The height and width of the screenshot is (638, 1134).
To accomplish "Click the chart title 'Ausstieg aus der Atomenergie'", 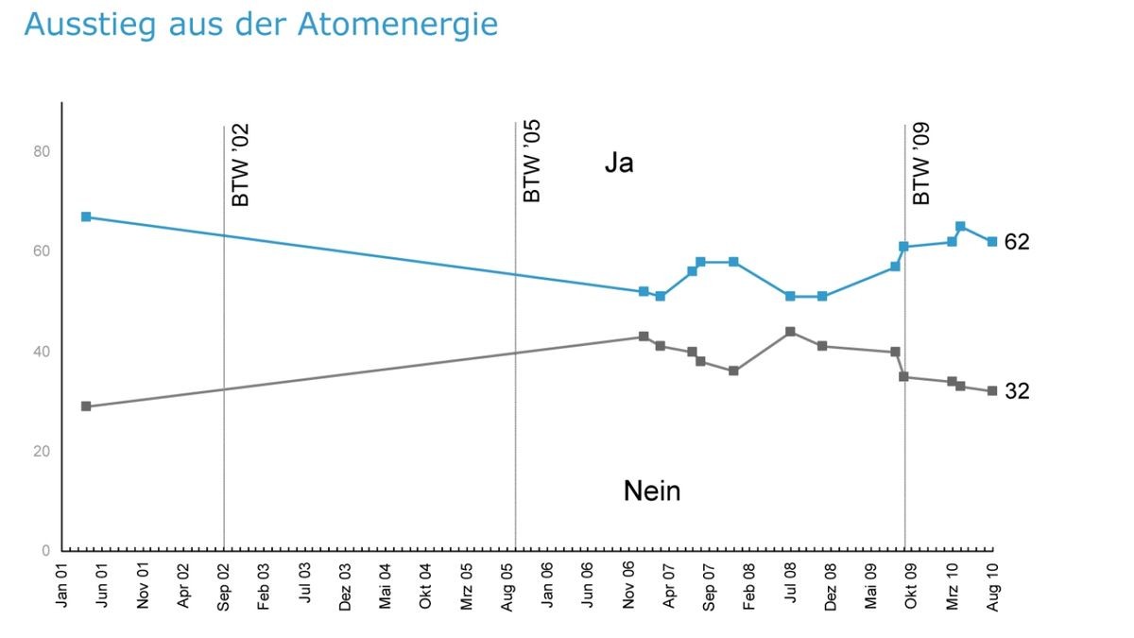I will tap(261, 25).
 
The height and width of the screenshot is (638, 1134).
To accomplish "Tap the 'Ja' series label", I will tap(619, 164).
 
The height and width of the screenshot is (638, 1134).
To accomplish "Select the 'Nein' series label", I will tap(652, 491).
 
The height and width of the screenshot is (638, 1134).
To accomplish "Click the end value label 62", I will tap(1017, 242).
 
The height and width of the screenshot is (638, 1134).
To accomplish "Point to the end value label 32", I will tap(1017, 391).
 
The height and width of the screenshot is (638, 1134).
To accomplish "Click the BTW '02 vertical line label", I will tap(241, 165).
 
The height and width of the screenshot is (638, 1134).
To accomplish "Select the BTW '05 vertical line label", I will tap(532, 162).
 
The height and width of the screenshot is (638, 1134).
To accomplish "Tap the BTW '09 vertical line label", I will tap(922, 164).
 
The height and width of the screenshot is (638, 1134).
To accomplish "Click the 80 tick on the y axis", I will tap(43, 151).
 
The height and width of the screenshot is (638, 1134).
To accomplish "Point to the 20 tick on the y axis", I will tap(43, 451).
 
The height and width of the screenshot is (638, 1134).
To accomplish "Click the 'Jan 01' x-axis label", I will tap(62, 585).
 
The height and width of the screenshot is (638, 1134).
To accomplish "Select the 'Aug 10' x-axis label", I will tap(993, 585).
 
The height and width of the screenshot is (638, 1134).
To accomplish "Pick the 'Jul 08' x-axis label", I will tap(790, 585).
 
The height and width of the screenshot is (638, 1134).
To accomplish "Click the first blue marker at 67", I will tap(86, 216).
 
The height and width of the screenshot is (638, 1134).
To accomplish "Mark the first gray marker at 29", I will tap(86, 406).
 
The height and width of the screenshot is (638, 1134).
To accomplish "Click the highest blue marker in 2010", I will tap(960, 227).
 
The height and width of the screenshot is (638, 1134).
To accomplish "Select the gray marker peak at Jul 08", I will tap(790, 332).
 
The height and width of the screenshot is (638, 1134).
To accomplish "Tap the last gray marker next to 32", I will tap(992, 391).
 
